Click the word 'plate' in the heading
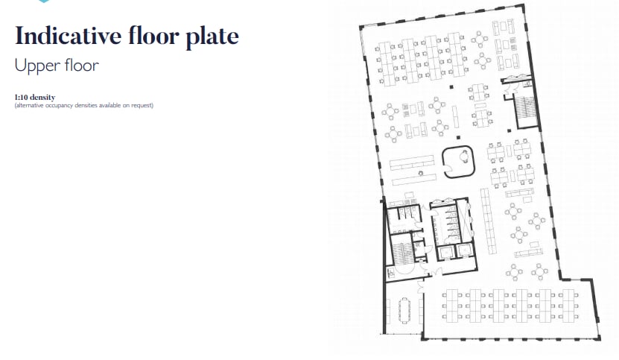212,36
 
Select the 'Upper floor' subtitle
57,65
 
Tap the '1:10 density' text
35,98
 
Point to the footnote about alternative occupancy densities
83,105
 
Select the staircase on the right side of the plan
526,113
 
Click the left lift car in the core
445,250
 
